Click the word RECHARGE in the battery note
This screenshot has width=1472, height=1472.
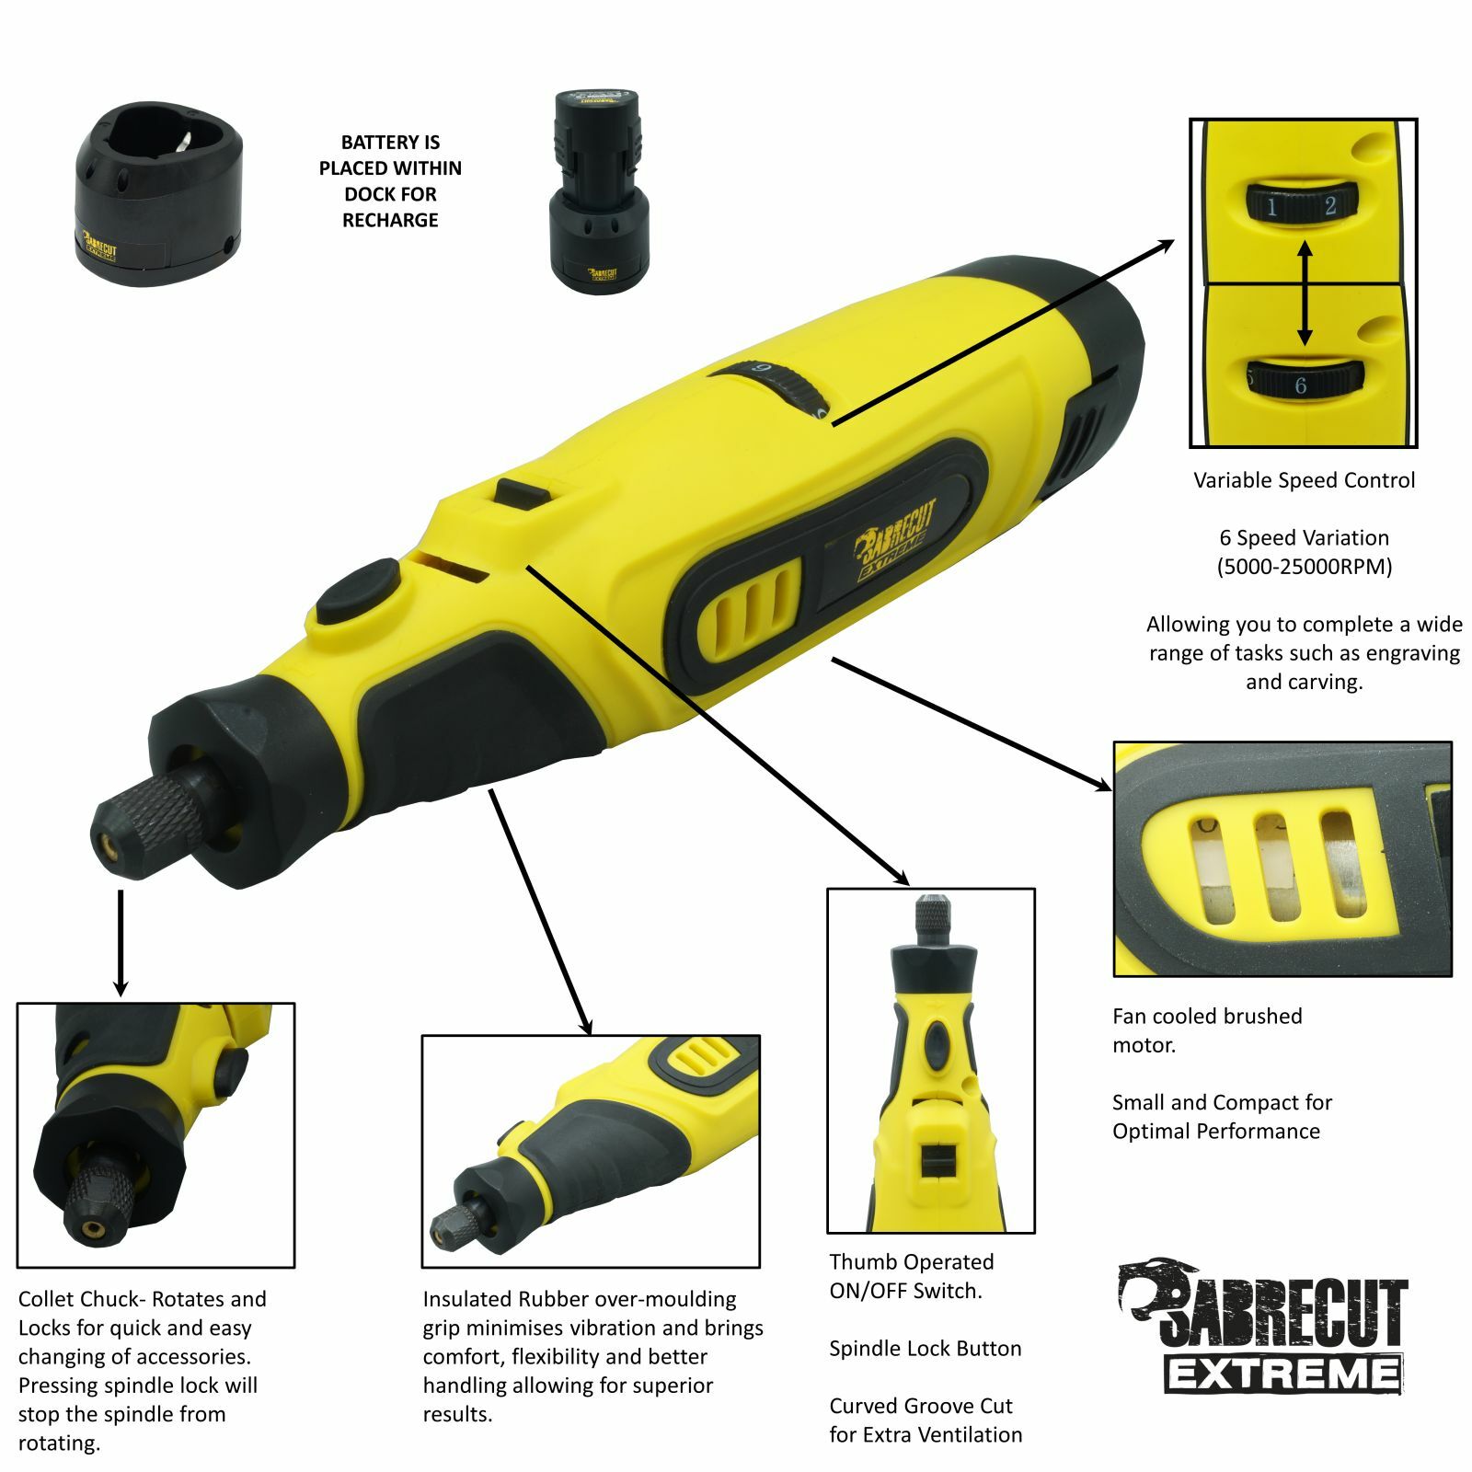(390, 221)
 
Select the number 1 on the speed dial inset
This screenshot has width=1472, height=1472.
(1271, 207)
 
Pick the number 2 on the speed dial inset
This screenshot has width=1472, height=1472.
(1329, 206)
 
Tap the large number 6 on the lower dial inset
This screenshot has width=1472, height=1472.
(1300, 385)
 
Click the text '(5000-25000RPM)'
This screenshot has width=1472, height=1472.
(1304, 567)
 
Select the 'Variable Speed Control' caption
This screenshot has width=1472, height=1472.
(1304, 480)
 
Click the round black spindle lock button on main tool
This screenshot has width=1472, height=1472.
(357, 589)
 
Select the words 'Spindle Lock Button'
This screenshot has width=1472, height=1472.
(925, 1349)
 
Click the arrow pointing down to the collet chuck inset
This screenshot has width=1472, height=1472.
(121, 943)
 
